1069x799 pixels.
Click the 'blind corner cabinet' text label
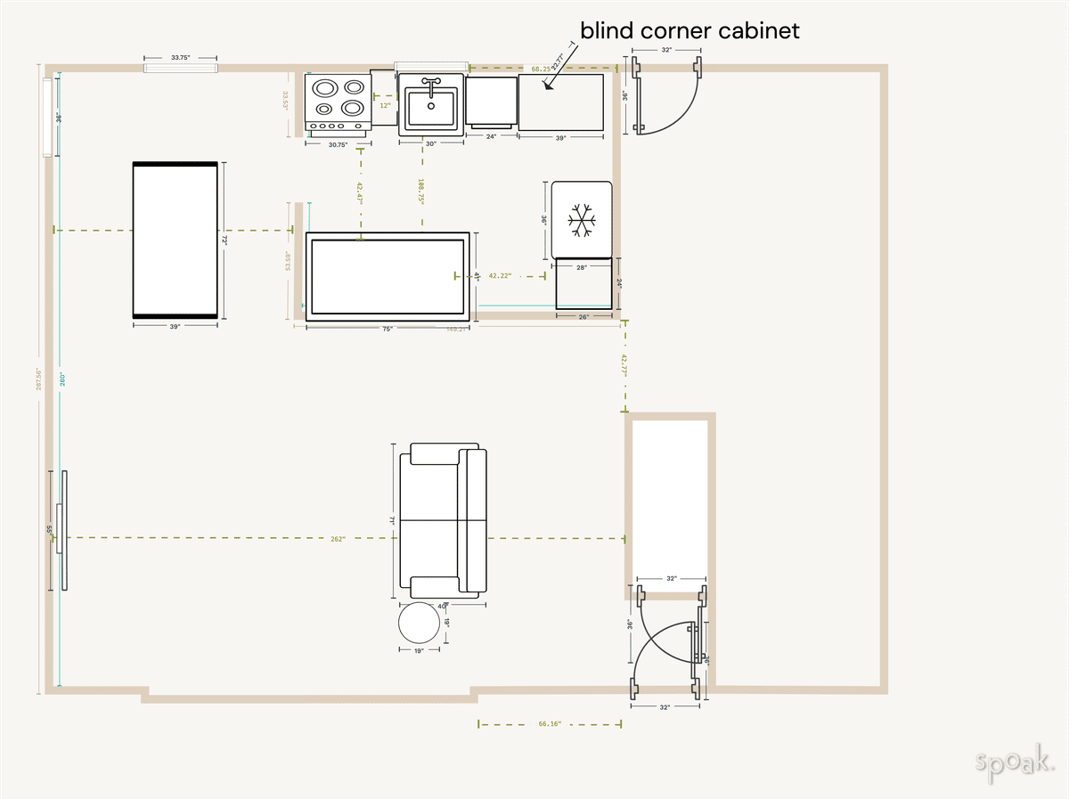690,30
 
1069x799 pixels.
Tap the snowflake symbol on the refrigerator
582,220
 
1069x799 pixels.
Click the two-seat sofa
443,519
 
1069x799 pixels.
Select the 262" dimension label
338,539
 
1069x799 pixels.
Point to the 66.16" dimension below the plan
550,724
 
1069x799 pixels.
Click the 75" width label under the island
388,329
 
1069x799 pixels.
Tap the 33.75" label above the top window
180,58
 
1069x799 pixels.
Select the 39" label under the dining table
175,327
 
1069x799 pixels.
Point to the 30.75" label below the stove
338,144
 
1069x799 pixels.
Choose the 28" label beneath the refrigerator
582,266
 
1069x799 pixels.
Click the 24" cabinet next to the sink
491,100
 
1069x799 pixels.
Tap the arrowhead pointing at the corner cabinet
546,86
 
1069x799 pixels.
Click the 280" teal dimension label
63,379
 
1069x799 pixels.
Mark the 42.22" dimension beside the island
500,276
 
